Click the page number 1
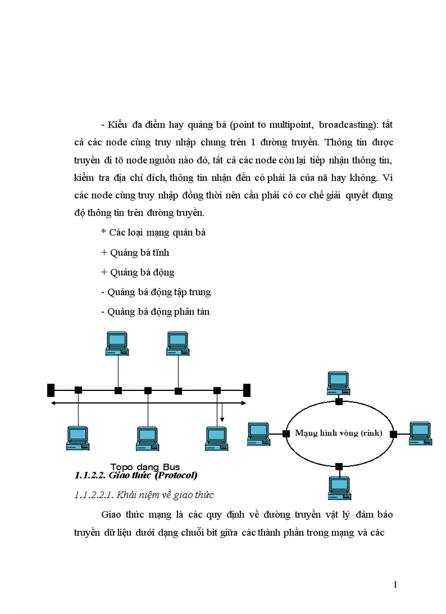click(x=395, y=584)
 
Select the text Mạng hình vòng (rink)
click(x=338, y=433)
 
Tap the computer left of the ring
click(x=259, y=433)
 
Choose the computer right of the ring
click(x=420, y=433)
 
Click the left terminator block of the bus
click(x=51, y=390)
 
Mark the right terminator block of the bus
click(x=247, y=390)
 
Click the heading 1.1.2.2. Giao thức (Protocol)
click(x=136, y=475)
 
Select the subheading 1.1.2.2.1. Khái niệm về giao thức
click(x=143, y=495)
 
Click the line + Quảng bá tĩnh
click(x=135, y=253)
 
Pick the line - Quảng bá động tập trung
click(x=156, y=292)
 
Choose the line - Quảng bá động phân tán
click(x=155, y=312)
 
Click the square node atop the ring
click(x=339, y=401)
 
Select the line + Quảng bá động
click(x=138, y=272)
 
